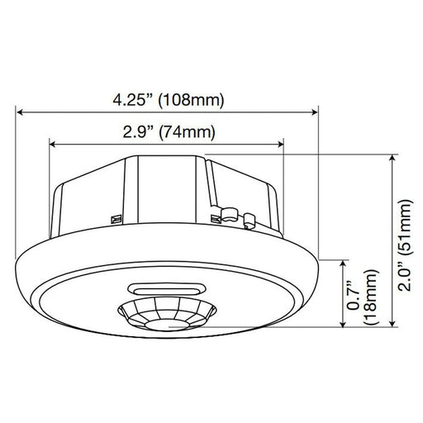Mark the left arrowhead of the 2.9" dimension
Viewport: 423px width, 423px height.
coord(52,141)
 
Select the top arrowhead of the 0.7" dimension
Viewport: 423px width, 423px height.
coord(340,261)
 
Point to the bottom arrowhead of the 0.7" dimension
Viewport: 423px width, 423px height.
coord(340,329)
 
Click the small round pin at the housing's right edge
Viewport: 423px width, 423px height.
coord(250,219)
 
